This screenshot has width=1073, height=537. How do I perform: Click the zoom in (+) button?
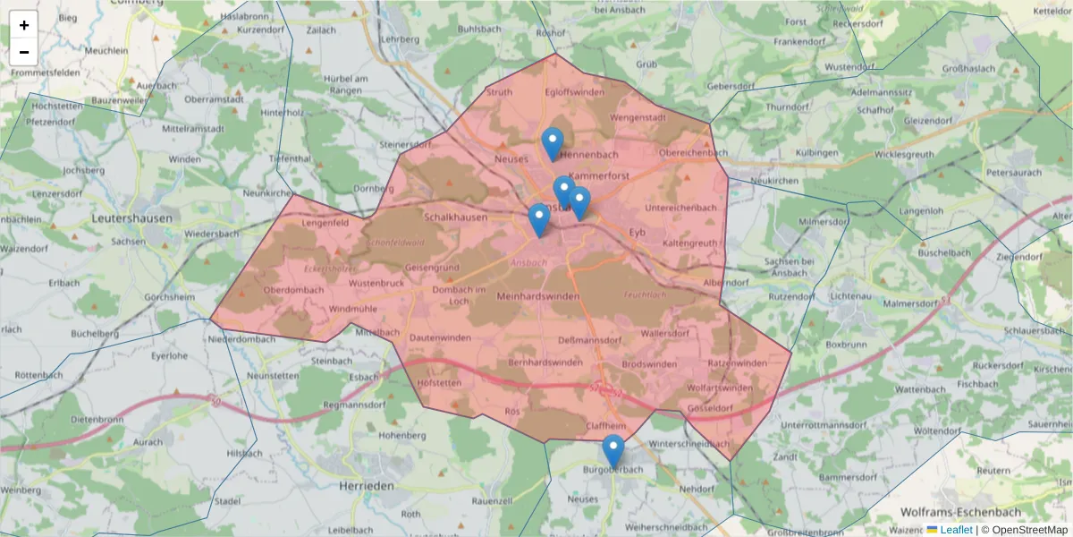pyautogui.click(x=24, y=25)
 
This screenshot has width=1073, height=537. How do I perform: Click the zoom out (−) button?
pyautogui.click(x=24, y=52)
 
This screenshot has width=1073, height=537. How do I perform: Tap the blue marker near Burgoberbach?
pyautogui.click(x=613, y=450)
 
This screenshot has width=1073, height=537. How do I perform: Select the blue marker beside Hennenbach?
pyautogui.click(x=553, y=143)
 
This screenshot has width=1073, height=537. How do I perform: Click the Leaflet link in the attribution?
pyautogui.click(x=956, y=530)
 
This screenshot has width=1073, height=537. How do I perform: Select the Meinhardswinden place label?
pyautogui.click(x=537, y=296)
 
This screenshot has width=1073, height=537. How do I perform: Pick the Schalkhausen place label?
pyautogui.click(x=456, y=217)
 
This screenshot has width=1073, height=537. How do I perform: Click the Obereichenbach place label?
pyautogui.click(x=693, y=153)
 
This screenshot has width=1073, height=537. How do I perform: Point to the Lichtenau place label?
pyautogui.click(x=849, y=295)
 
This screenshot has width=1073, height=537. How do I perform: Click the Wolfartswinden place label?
pyautogui.click(x=720, y=388)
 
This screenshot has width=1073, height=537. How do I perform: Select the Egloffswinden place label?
pyautogui.click(x=574, y=92)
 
